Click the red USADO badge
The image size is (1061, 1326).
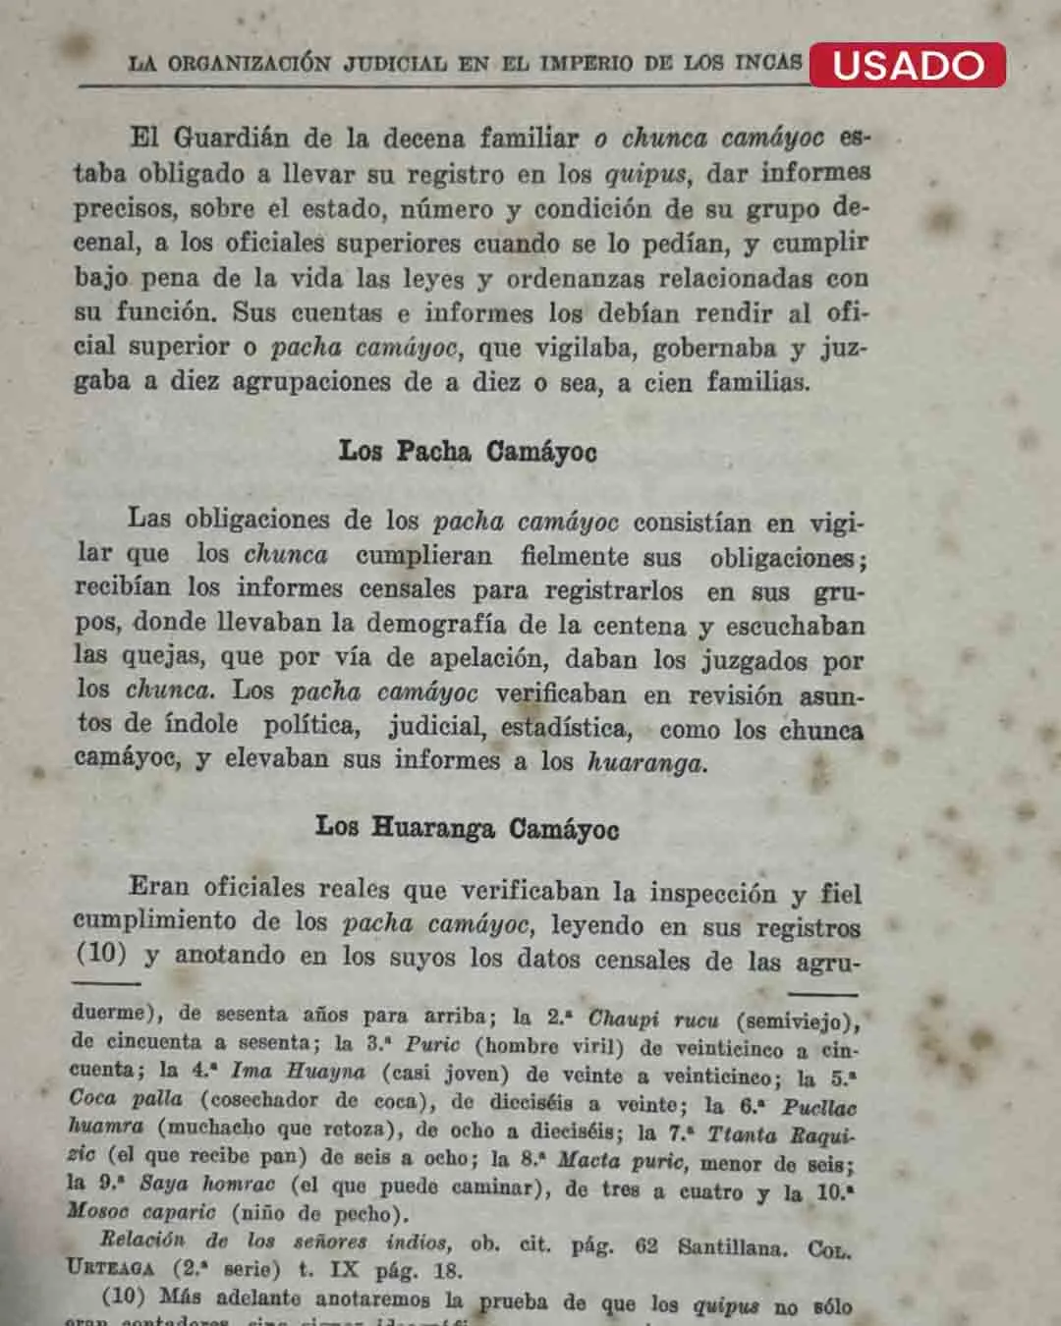pos(908,65)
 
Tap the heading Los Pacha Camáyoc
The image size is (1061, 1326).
pos(468,452)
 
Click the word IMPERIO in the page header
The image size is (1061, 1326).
pos(586,64)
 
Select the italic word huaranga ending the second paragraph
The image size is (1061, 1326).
pos(646,762)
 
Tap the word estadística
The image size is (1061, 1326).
pos(566,728)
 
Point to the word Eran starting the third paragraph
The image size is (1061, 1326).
pos(158,887)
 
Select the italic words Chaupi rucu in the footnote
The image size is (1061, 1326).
pos(653,1020)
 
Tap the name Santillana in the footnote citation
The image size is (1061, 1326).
pos(732,1247)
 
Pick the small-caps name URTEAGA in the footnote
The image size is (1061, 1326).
pos(111,1268)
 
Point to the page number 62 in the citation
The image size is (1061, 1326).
pos(645,1246)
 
